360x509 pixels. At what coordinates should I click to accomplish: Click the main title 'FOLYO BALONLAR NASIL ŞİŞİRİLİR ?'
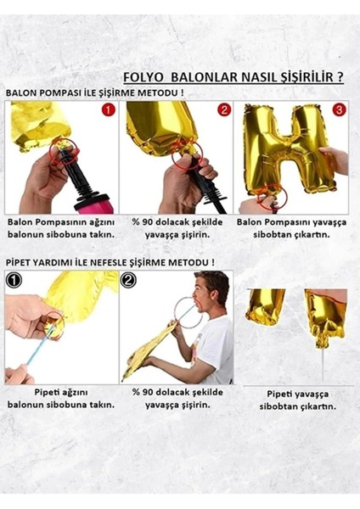[x=233, y=76]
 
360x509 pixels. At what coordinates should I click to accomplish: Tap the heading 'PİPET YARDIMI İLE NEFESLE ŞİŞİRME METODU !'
[x=110, y=262]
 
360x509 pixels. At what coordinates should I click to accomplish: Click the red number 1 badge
[x=108, y=110]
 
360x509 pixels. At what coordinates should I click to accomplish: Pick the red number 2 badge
[x=223, y=110]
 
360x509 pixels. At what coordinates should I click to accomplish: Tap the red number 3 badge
[x=338, y=110]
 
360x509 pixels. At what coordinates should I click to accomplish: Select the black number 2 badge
[x=128, y=279]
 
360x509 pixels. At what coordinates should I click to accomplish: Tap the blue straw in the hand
[x=38, y=356]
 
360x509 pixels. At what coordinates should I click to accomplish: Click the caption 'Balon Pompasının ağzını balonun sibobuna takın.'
[x=60, y=227]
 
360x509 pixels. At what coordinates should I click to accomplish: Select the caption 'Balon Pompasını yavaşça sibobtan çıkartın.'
[x=292, y=227]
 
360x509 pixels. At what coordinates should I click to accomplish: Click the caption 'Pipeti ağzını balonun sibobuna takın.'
[x=60, y=398]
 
